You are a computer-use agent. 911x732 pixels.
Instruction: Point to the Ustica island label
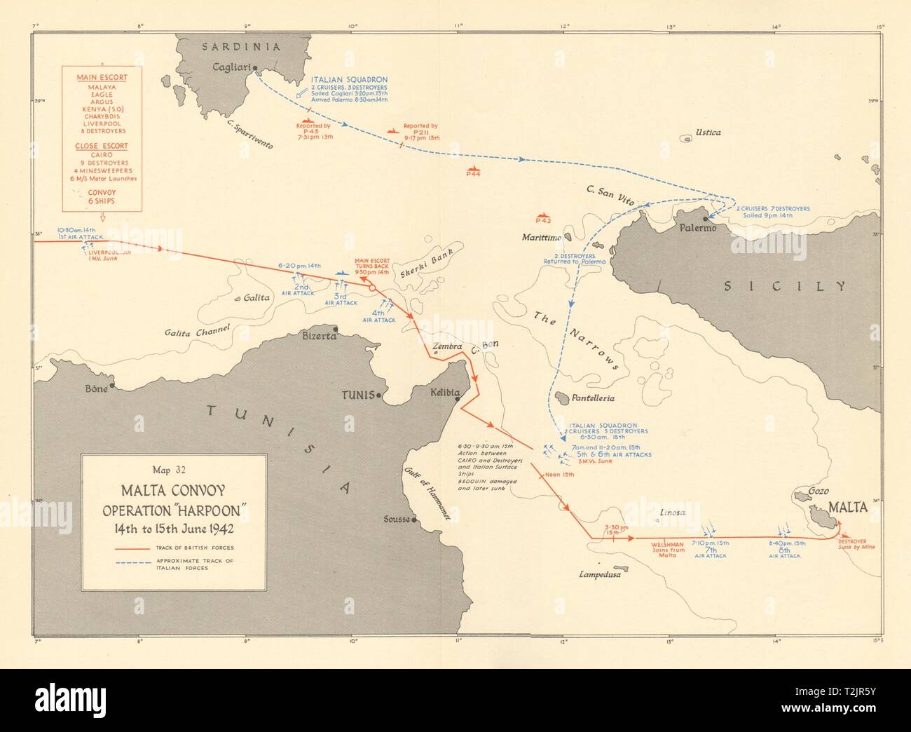(x=707, y=132)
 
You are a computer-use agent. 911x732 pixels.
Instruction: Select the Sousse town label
(x=396, y=520)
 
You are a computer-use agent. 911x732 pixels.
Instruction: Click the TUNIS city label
(x=357, y=395)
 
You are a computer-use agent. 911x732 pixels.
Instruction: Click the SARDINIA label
(x=240, y=47)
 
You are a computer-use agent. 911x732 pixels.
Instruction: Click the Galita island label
(x=256, y=297)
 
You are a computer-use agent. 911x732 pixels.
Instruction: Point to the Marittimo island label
(x=542, y=238)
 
